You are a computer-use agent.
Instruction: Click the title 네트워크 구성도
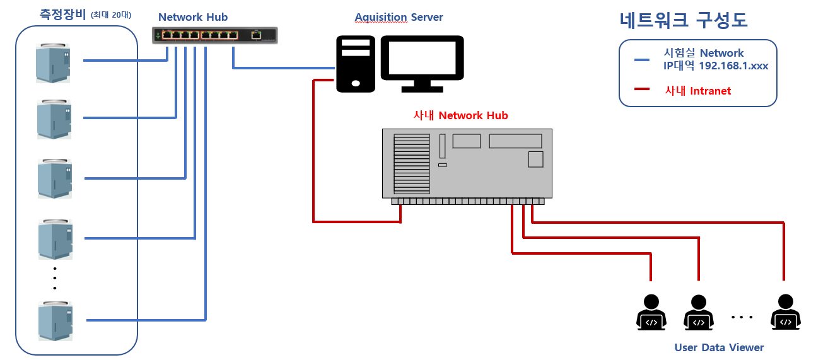[x=683, y=21]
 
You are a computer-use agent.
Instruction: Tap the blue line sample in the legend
[x=642, y=60]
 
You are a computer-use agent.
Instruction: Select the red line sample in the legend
[x=642, y=90]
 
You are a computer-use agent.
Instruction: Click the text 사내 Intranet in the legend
[x=697, y=91]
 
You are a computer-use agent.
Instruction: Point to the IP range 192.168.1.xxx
[x=733, y=66]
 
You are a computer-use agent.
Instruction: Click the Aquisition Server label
[x=399, y=17]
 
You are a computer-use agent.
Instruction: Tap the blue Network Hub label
[x=193, y=17]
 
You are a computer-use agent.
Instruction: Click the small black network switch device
[x=215, y=35]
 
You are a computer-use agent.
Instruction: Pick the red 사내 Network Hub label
[x=460, y=115]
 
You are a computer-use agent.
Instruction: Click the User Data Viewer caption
[x=719, y=347]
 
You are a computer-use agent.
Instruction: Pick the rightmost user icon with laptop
[x=785, y=312]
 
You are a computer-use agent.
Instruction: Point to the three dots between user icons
[x=742, y=316]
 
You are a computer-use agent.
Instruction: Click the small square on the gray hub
[x=535, y=159]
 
